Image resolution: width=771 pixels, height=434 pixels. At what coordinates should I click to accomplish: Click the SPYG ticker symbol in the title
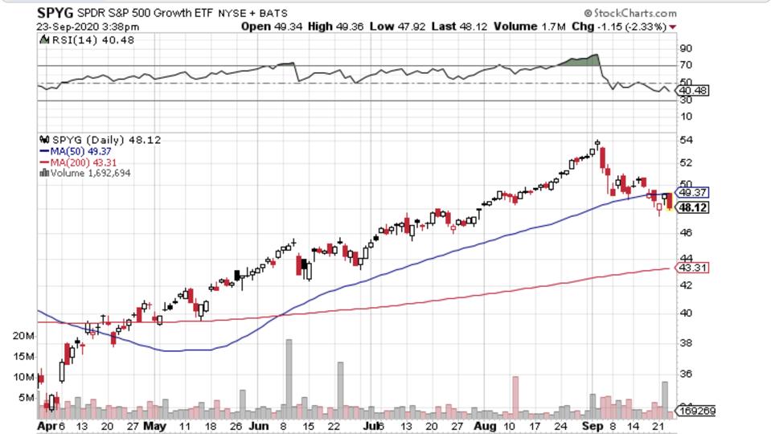[x=55, y=13]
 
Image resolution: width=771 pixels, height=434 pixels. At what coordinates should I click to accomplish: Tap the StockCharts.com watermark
[x=631, y=13]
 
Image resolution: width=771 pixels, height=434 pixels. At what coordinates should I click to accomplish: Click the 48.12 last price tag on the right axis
[x=693, y=207]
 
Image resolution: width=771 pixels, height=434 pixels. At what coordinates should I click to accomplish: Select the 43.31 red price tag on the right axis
[x=693, y=268]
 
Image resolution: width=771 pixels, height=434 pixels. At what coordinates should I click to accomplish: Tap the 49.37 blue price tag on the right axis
[x=693, y=193]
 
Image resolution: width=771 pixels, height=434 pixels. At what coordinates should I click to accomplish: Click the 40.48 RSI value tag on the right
[x=693, y=91]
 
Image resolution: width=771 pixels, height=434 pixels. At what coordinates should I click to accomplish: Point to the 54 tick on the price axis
[x=686, y=141]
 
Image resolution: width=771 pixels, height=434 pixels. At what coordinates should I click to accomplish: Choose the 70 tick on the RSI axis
[x=686, y=65]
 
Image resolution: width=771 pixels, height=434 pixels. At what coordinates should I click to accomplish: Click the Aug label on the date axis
[x=485, y=424]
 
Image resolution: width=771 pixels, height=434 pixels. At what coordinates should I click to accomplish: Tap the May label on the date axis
[x=156, y=424]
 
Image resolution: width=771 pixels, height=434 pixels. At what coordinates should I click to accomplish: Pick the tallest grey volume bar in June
[x=289, y=375]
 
